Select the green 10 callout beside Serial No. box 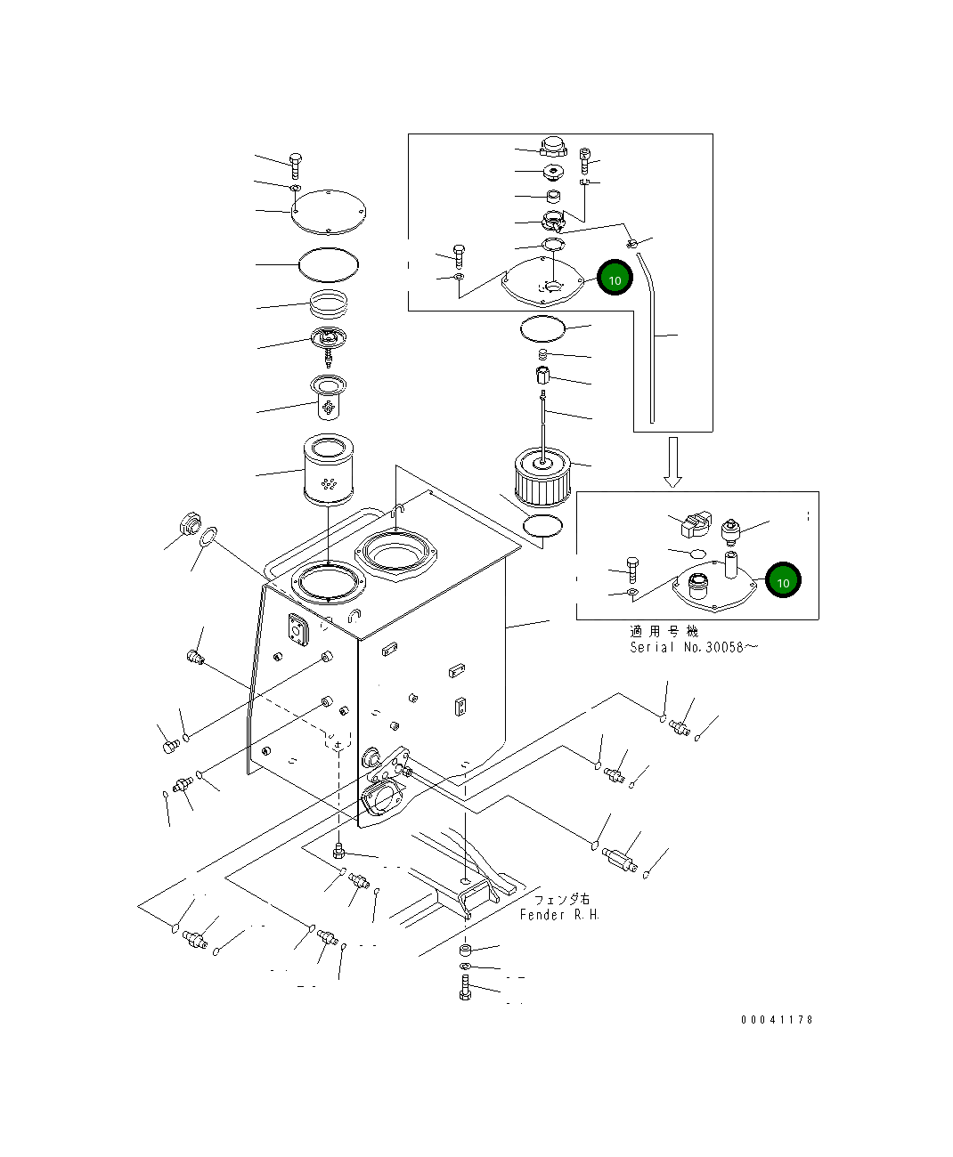784,580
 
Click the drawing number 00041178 777,1019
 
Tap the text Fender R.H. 559,915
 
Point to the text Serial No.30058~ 693,647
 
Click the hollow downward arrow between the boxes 673,462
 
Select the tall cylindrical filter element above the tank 329,469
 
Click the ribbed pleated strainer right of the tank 542,477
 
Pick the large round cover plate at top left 329,212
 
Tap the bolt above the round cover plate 296,166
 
